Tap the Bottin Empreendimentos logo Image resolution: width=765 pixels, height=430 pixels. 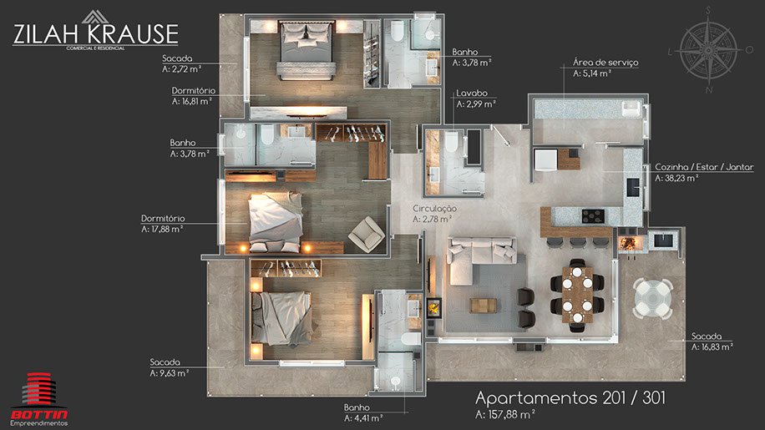39,399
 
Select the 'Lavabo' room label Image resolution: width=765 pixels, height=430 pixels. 472,94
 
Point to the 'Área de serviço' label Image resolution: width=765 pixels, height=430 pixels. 605,63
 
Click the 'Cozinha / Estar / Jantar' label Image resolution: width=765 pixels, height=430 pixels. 704,167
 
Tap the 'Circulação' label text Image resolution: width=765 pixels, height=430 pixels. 435,209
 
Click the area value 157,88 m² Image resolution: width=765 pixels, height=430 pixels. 505,414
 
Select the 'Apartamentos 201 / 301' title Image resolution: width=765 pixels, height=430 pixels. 570,397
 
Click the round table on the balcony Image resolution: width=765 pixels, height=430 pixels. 653,298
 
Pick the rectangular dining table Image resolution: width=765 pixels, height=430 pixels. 577,296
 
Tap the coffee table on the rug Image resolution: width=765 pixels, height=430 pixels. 483,306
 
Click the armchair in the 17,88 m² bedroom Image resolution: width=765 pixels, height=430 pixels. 367,234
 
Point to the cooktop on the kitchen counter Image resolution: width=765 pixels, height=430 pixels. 593,215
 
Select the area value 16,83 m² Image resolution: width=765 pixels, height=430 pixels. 712,347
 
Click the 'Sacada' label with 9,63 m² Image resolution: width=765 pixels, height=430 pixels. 165,362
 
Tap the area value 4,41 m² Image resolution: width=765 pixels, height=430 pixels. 363,418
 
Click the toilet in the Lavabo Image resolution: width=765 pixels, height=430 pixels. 451,141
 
